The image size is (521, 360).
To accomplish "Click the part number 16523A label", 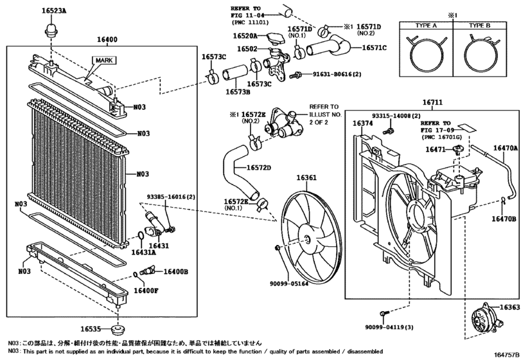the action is point(54,10).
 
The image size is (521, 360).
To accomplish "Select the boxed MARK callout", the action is point(104,60).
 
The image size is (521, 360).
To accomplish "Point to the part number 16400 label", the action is point(107,40).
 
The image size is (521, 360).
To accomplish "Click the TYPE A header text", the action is point(426,26).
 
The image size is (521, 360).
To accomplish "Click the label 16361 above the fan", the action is point(306,178).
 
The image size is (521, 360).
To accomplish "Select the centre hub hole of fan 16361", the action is point(308,239).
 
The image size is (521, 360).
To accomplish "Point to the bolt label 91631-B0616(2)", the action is point(337,74).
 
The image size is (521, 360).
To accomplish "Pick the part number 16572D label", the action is point(258,168).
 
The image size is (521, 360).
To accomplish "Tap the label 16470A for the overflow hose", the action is point(506,148).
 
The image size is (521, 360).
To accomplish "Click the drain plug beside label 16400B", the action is point(148,271).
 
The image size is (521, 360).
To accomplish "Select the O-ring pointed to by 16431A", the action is point(141,235).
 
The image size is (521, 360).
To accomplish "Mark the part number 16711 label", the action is point(432,102).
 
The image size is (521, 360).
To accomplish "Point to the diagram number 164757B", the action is point(508,355).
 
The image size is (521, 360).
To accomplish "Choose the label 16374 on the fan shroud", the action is point(362,123).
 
